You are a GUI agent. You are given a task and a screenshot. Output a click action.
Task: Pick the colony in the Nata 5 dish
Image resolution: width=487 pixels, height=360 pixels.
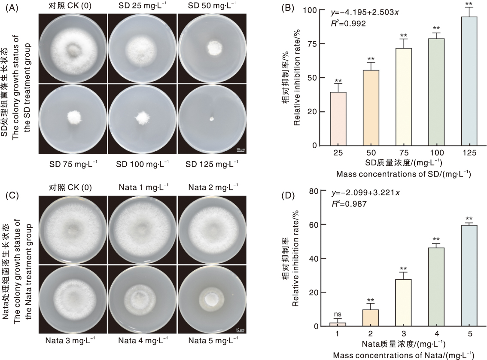211,299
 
